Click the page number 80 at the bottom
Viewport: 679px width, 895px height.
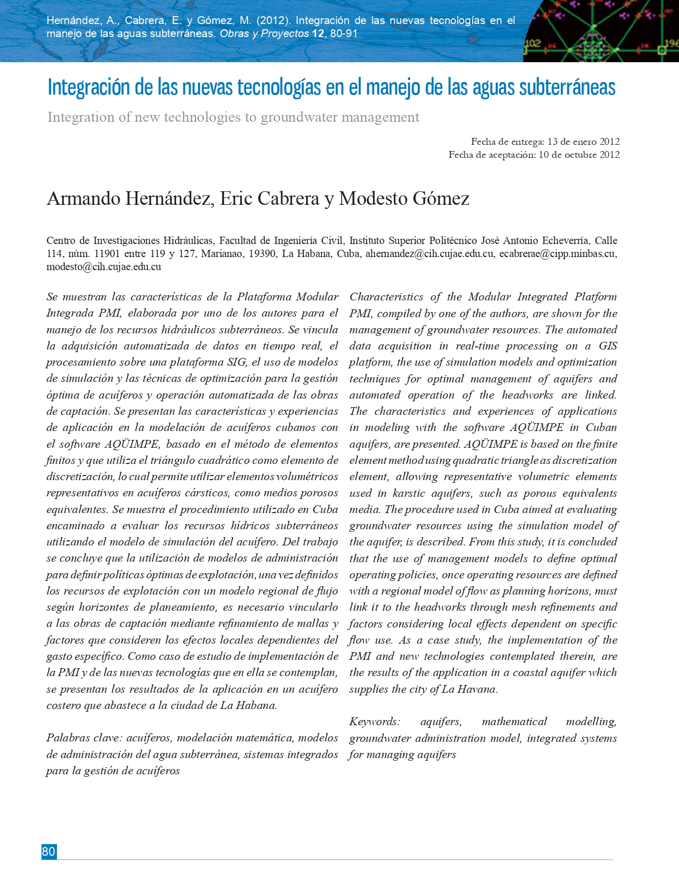coord(49,852)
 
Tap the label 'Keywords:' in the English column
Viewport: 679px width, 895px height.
coord(374,722)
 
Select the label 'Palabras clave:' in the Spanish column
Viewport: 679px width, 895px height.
coord(84,738)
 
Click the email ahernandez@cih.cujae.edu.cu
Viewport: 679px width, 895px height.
coord(429,254)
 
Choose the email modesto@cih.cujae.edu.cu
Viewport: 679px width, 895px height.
coord(103,267)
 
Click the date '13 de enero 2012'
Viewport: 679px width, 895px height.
coord(583,142)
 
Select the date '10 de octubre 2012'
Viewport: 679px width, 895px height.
coord(579,155)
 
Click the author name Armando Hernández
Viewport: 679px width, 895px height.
coord(130,199)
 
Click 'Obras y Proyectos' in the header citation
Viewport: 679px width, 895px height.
coord(264,34)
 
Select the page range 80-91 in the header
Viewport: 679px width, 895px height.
coord(344,34)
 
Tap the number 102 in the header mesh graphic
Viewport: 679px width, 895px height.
coord(532,44)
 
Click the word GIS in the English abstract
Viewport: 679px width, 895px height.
coord(607,346)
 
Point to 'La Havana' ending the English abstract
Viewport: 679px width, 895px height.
coord(469,689)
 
